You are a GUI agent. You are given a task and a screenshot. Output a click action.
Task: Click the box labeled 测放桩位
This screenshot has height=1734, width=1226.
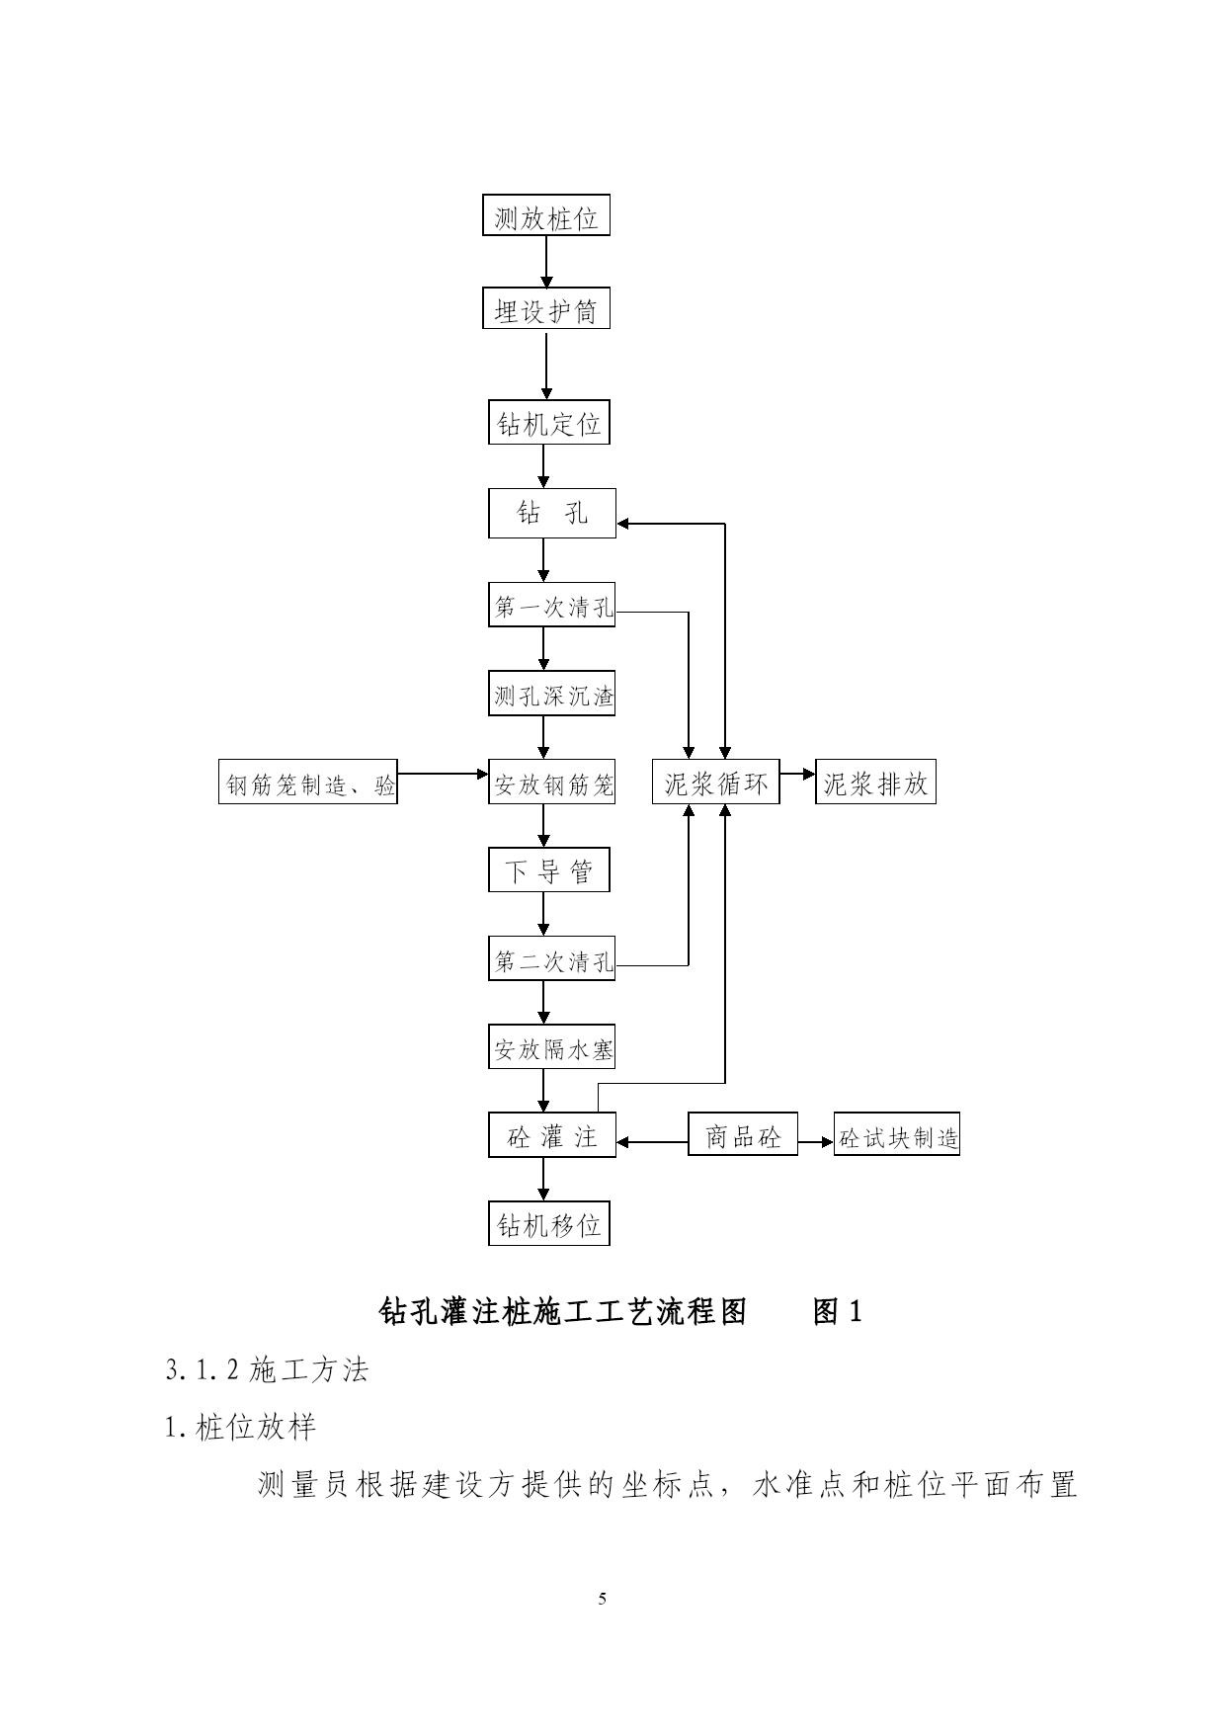coord(546,215)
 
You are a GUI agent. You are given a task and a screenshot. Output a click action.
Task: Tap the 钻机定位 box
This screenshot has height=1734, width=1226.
coord(549,422)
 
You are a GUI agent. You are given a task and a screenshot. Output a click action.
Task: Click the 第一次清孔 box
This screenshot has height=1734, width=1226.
coord(552,605)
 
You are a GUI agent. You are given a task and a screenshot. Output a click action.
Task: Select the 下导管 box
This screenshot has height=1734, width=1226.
coord(549,869)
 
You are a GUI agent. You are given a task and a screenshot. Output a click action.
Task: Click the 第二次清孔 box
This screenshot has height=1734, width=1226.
coord(552,959)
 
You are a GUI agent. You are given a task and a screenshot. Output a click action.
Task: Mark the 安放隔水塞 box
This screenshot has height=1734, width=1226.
coord(552,1046)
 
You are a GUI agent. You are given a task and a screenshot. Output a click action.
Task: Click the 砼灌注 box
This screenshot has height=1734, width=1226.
coord(552,1134)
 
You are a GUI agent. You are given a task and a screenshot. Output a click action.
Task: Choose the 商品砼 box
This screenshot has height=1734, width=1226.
coord(743,1134)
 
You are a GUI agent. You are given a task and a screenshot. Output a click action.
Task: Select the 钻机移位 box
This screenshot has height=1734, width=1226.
coord(549,1223)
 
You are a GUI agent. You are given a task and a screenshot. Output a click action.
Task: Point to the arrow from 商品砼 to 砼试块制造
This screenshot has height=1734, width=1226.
coord(816,1142)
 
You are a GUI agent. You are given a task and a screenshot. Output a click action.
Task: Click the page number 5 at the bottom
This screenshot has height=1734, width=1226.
coord(603,1599)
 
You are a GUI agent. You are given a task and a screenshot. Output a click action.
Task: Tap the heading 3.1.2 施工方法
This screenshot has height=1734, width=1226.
coord(268,1369)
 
